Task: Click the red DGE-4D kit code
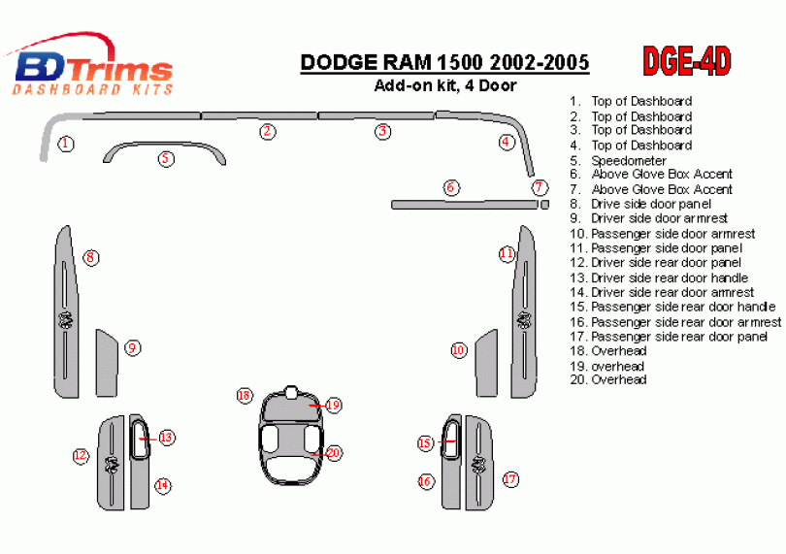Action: pos(687,61)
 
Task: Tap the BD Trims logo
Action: pos(90,65)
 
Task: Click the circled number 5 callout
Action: pos(166,159)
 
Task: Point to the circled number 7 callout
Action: pos(539,187)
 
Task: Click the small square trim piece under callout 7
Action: pos(545,205)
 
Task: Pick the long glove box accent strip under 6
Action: pos(464,205)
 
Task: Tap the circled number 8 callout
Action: pos(91,258)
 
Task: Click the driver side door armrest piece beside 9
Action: pos(106,363)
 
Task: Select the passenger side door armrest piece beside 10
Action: pos(487,363)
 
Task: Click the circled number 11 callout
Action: pos(507,253)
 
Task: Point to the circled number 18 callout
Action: pos(245,396)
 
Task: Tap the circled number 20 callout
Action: pos(334,453)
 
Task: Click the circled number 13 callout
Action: pos(166,438)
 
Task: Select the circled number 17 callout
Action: pos(510,479)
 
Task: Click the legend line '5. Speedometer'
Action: pos(618,160)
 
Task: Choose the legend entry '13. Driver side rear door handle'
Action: pos(659,277)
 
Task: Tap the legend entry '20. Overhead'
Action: pos(608,379)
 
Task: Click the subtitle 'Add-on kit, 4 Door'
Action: pos(445,85)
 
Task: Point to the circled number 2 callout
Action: pos(268,131)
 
